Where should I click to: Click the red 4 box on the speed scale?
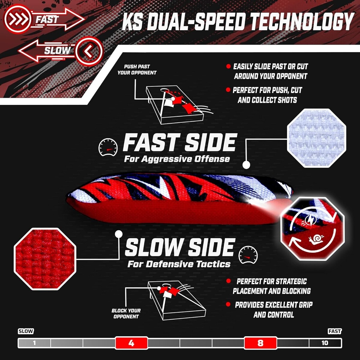pos(131,343)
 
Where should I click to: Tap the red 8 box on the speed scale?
pos(260,343)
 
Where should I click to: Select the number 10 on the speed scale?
pos(325,343)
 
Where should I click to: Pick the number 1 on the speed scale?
pos(34,343)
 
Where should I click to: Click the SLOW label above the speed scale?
pos(26,331)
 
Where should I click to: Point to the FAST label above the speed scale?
pos(334,331)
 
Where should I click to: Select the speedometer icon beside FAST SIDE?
pos(108,147)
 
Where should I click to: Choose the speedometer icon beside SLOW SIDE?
pos(248,255)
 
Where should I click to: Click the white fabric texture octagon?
pos(316,138)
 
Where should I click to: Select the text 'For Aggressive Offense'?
pos(177,159)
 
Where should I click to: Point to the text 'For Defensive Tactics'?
pos(179,264)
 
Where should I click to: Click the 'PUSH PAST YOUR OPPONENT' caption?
pos(137,70)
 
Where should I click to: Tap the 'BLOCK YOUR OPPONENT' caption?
pos(126,313)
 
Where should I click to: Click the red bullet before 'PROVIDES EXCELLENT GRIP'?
pos(228,304)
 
